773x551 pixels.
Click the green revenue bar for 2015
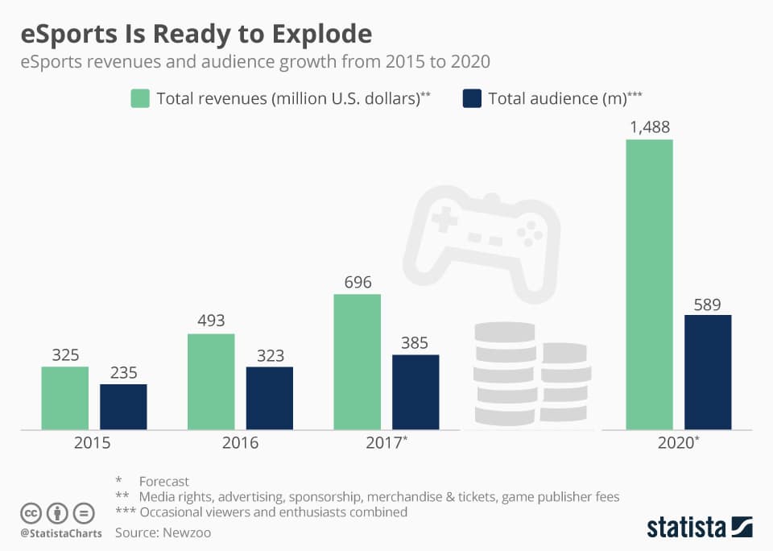(65, 398)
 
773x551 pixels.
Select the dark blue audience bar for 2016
(270, 398)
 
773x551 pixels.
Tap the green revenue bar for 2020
(649, 284)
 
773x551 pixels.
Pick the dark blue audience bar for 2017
(415, 391)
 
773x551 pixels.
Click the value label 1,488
(649, 127)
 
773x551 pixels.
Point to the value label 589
(708, 304)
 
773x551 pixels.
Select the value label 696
(357, 283)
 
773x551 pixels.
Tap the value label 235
(123, 373)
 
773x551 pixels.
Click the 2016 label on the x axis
(240, 443)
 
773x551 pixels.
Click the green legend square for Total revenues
(140, 98)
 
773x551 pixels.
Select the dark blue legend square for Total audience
(472, 98)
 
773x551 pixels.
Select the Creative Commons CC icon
(31, 513)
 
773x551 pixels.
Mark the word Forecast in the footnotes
(163, 482)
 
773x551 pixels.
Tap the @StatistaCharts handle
(60, 533)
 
